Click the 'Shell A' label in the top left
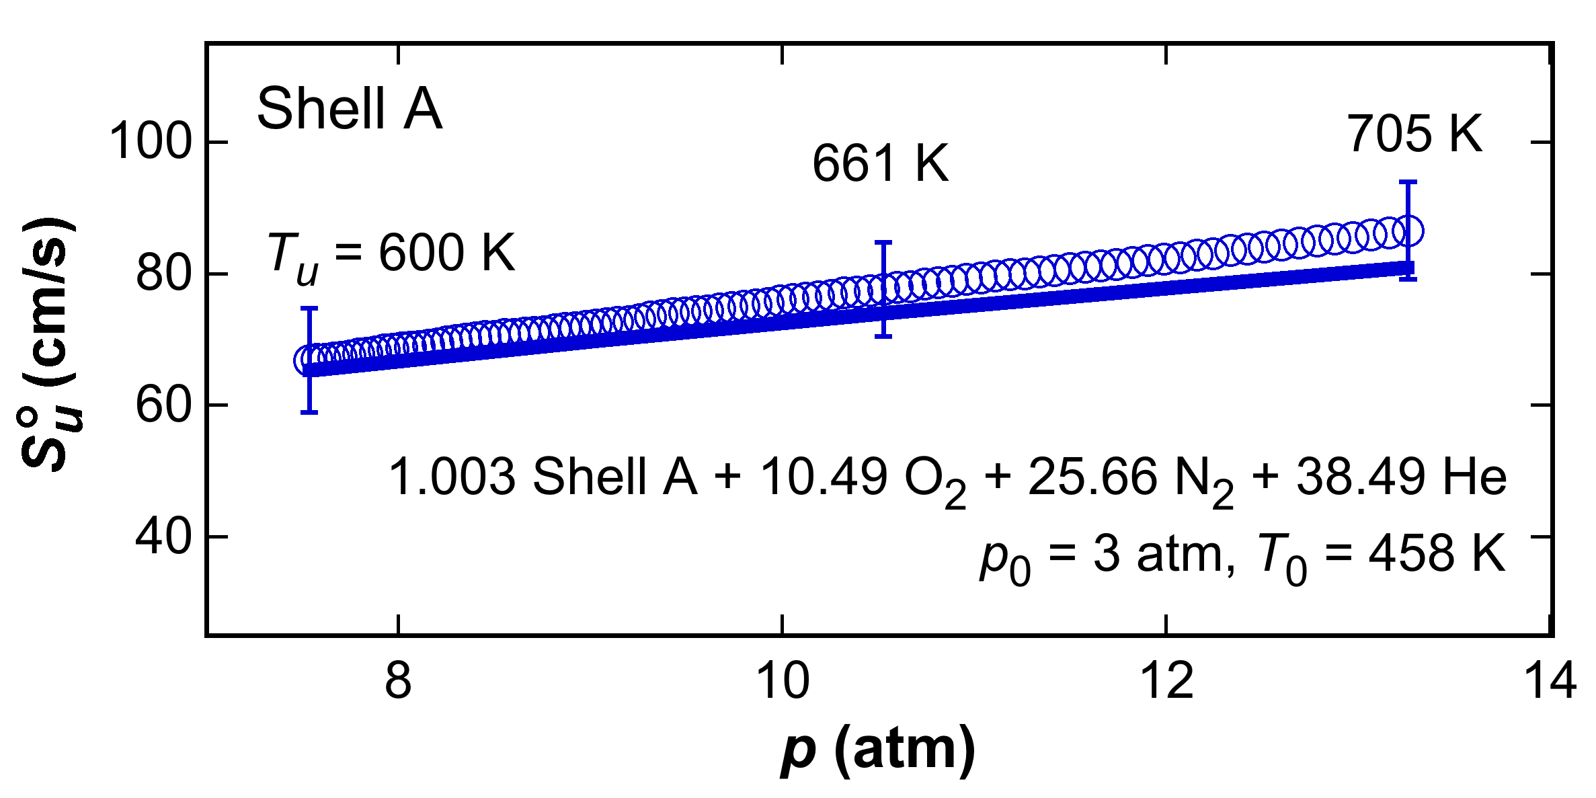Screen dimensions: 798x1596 [x=350, y=109]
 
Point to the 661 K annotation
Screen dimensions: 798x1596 [x=880, y=163]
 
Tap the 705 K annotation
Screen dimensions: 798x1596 [x=1414, y=134]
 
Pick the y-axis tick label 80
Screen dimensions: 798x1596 [x=164, y=274]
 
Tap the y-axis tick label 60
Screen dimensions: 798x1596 [x=164, y=405]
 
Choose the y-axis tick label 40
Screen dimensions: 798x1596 [x=164, y=537]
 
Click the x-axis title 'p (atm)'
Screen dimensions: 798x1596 [x=877, y=751]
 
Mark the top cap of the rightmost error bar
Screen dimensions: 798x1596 [x=1408, y=182]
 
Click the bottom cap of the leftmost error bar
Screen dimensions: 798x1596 [x=309, y=412]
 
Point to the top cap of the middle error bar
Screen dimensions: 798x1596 [x=883, y=242]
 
